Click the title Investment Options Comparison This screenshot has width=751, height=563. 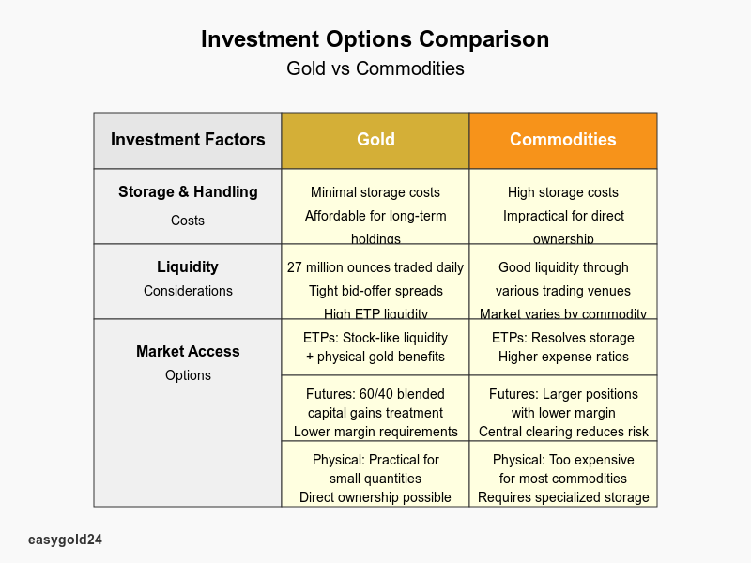click(x=375, y=39)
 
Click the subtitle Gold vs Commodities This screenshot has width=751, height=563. click(x=375, y=68)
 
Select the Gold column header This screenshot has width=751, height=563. click(x=375, y=140)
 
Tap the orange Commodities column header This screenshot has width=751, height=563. click(x=563, y=140)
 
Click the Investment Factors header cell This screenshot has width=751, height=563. click(x=188, y=140)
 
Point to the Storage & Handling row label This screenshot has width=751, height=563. click(x=188, y=192)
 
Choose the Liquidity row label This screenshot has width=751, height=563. click(x=188, y=267)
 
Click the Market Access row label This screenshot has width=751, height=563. click(x=188, y=352)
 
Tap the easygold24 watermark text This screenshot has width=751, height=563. click(x=65, y=540)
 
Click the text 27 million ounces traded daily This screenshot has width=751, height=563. click(x=375, y=267)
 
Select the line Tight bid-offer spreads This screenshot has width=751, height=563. click(x=375, y=291)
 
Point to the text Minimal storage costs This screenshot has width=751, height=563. click(x=375, y=192)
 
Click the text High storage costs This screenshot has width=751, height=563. click(x=563, y=192)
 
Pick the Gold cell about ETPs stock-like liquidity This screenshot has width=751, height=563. click(x=375, y=347)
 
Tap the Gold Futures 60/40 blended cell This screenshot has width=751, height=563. click(x=375, y=408)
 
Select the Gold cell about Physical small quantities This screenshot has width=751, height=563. click(x=375, y=474)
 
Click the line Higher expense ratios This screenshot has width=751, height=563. click(x=563, y=357)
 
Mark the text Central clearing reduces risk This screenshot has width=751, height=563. click(x=563, y=432)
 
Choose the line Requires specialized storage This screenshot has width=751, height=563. click(x=563, y=497)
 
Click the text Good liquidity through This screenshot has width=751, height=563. click(x=563, y=267)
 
